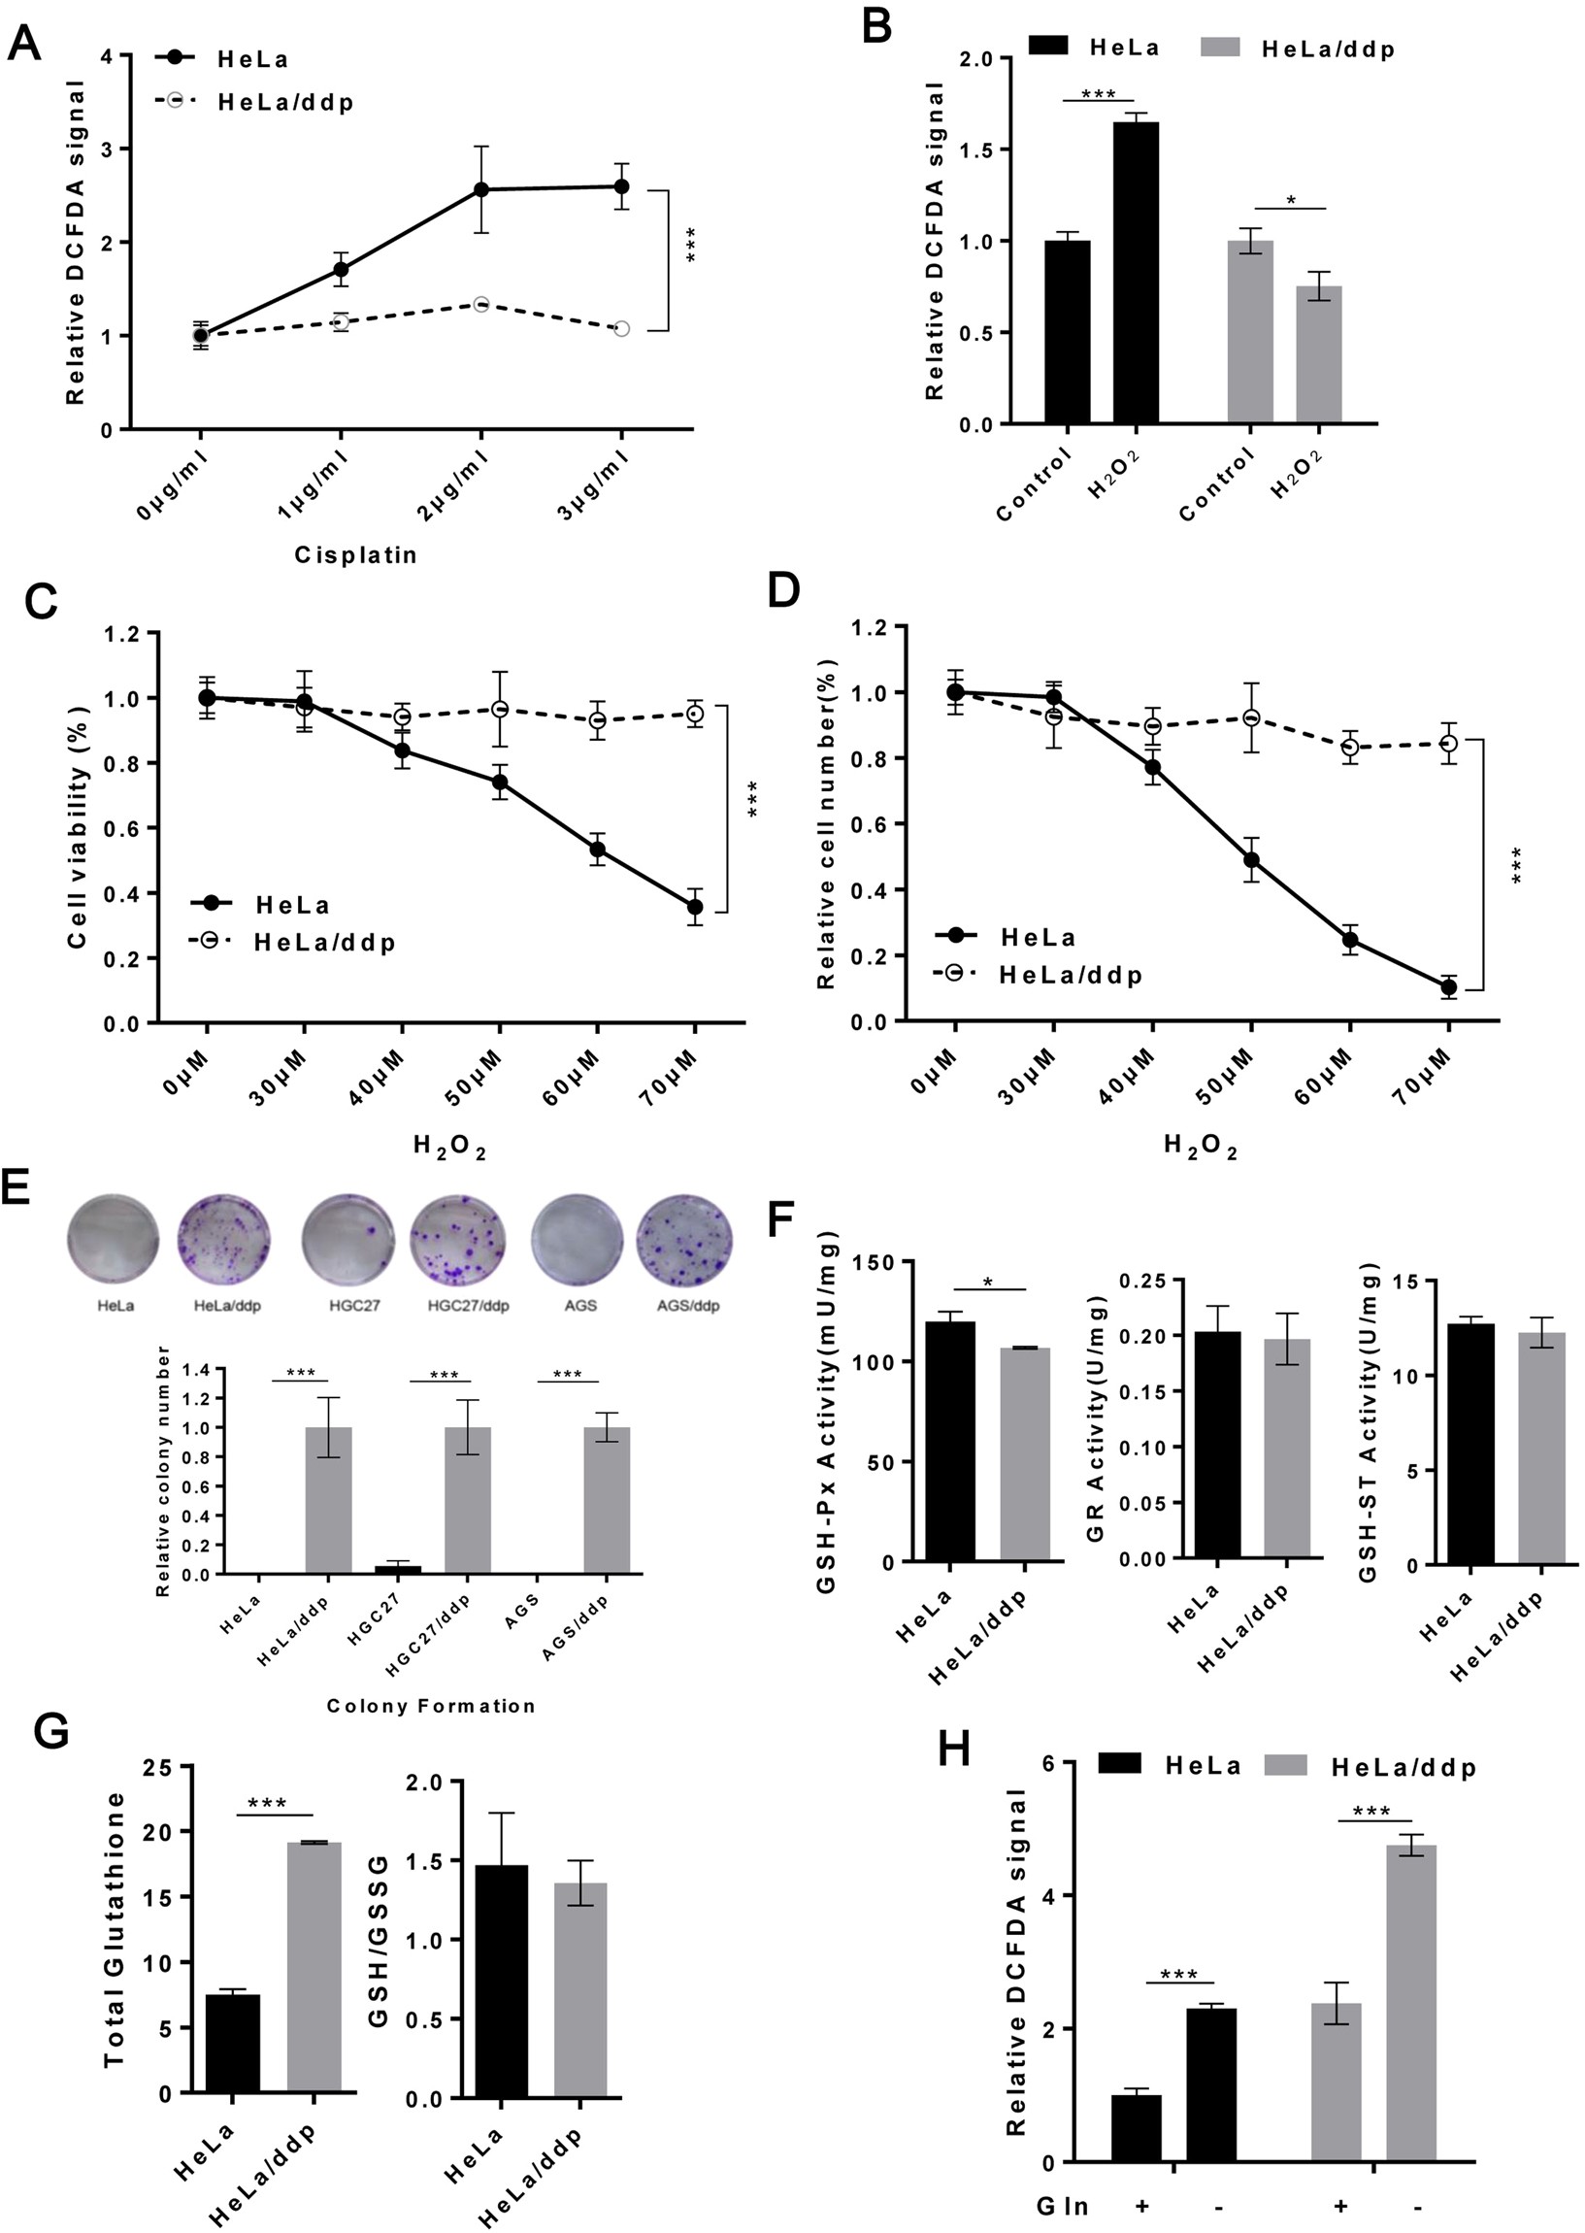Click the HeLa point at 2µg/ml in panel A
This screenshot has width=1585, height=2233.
point(480,189)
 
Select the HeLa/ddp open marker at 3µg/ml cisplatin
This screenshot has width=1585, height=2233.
point(622,329)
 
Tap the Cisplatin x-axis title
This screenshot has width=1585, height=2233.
point(356,555)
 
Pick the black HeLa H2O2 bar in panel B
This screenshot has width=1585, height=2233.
point(1136,273)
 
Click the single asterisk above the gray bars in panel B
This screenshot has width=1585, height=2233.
point(1291,200)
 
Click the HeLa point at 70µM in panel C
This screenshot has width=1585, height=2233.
point(695,907)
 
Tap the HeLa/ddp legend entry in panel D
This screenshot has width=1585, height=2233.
point(1070,975)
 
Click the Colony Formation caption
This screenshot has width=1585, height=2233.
point(431,1706)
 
